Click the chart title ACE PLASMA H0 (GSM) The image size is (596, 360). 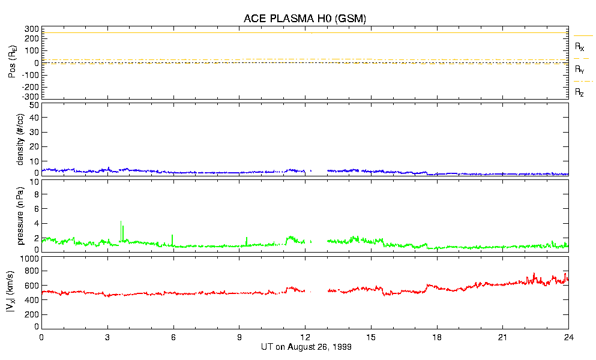click(305, 19)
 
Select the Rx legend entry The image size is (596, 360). click(580, 46)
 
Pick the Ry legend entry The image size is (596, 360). click(580, 69)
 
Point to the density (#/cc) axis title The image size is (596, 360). click(20, 139)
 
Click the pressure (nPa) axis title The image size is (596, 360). click(20, 215)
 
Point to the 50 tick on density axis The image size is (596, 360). click(35, 105)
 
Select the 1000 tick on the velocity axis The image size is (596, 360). click(30, 259)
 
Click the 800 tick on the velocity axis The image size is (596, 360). click(32, 272)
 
